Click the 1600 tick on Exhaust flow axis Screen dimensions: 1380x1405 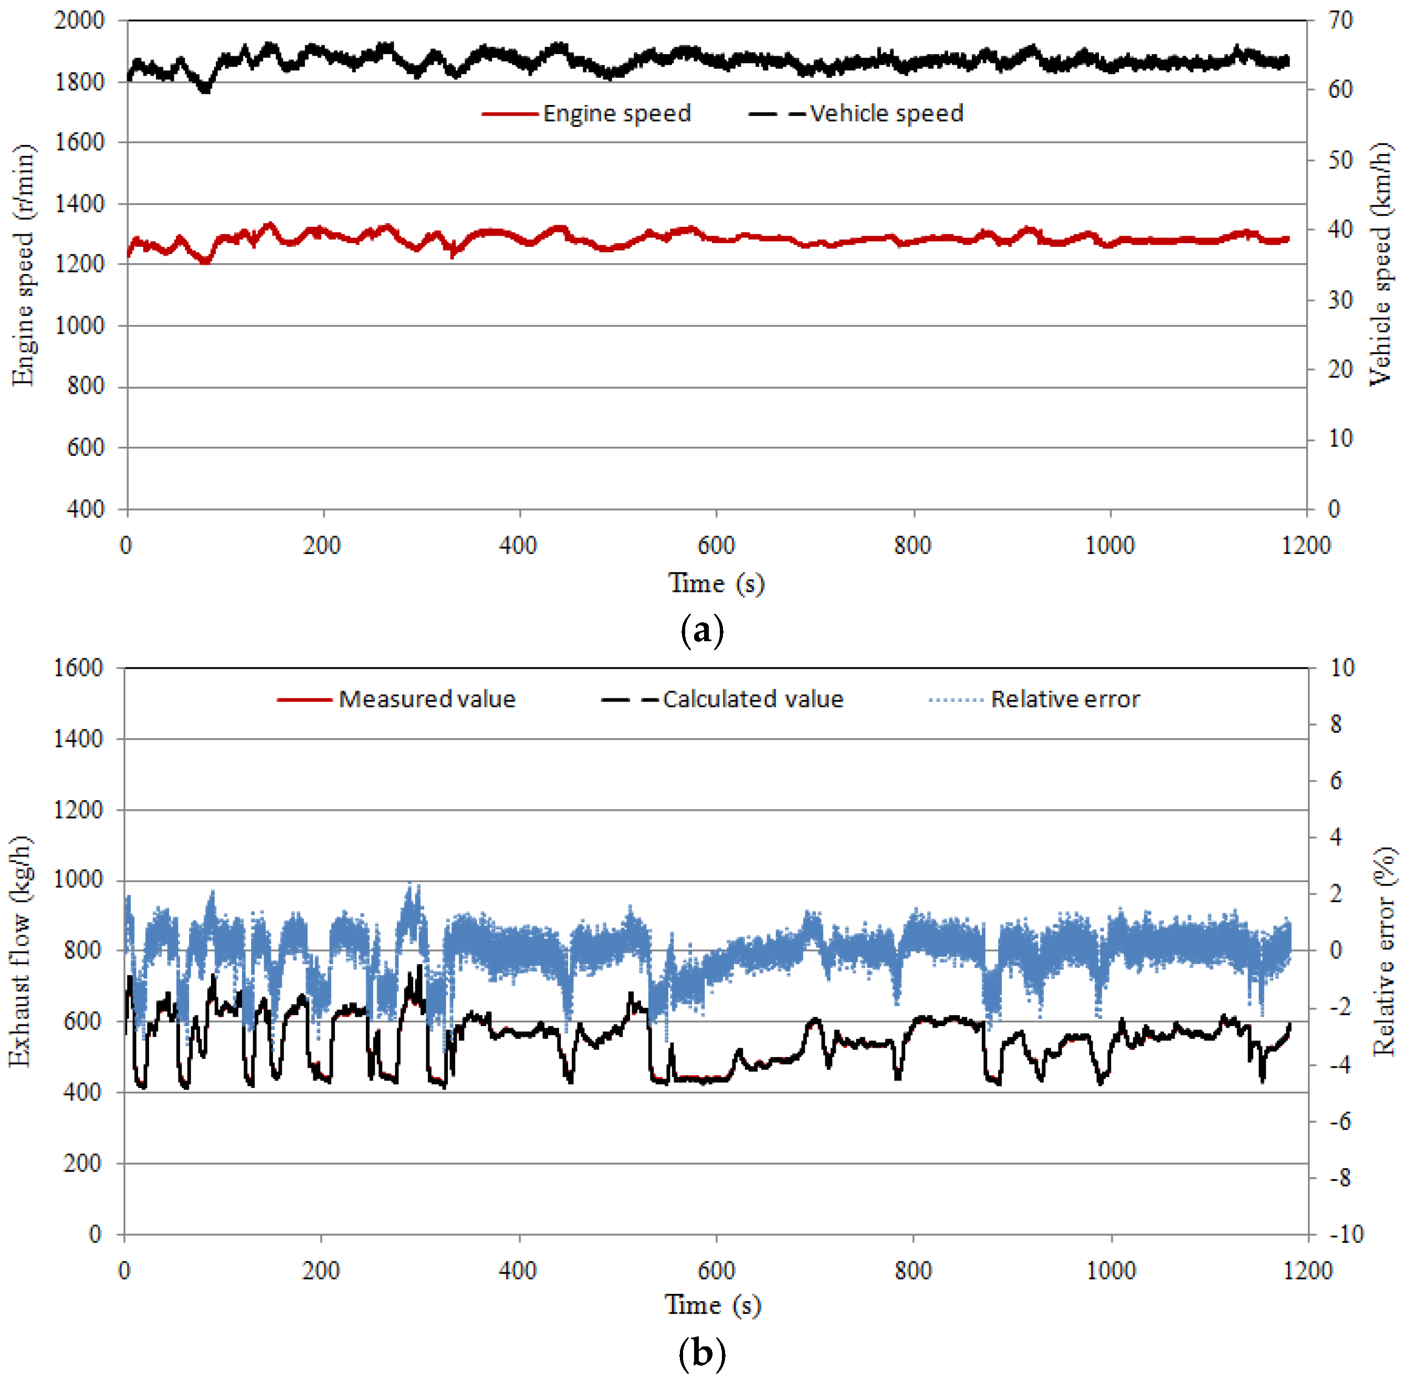click(78, 667)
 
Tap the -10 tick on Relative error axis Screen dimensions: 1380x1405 click(1346, 1235)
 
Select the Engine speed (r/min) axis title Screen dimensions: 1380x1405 click(23, 265)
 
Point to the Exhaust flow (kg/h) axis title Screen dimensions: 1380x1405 click(20, 952)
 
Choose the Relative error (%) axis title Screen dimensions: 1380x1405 click(1383, 952)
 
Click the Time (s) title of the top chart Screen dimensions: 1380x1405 click(716, 583)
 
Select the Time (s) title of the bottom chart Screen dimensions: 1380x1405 click(713, 1305)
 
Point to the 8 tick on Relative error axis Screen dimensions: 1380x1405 click(1336, 724)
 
